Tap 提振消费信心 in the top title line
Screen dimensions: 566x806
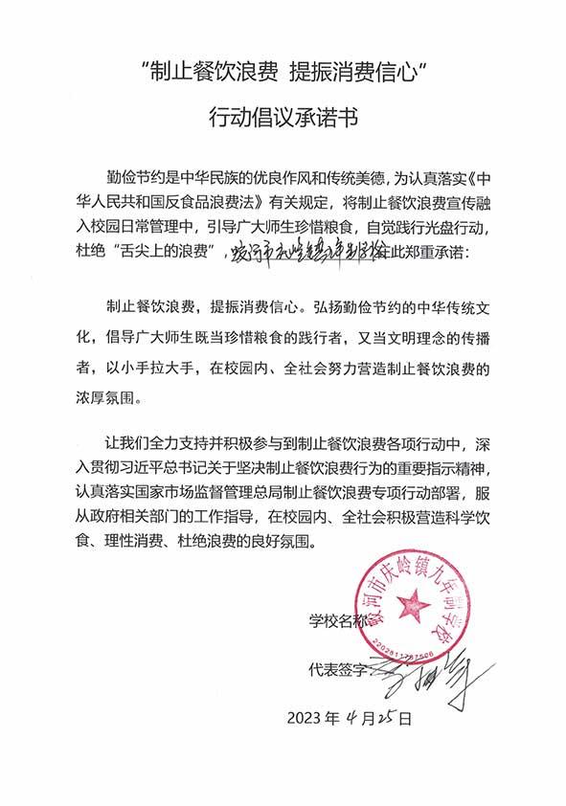[353, 70]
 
